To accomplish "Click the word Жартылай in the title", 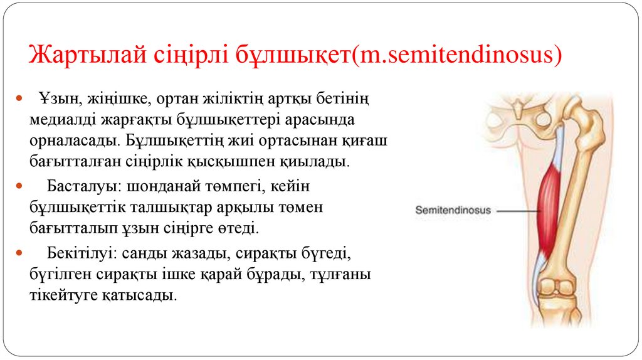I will pyautogui.click(x=88, y=55).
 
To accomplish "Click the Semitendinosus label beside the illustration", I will pyautogui.click(x=453, y=211).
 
